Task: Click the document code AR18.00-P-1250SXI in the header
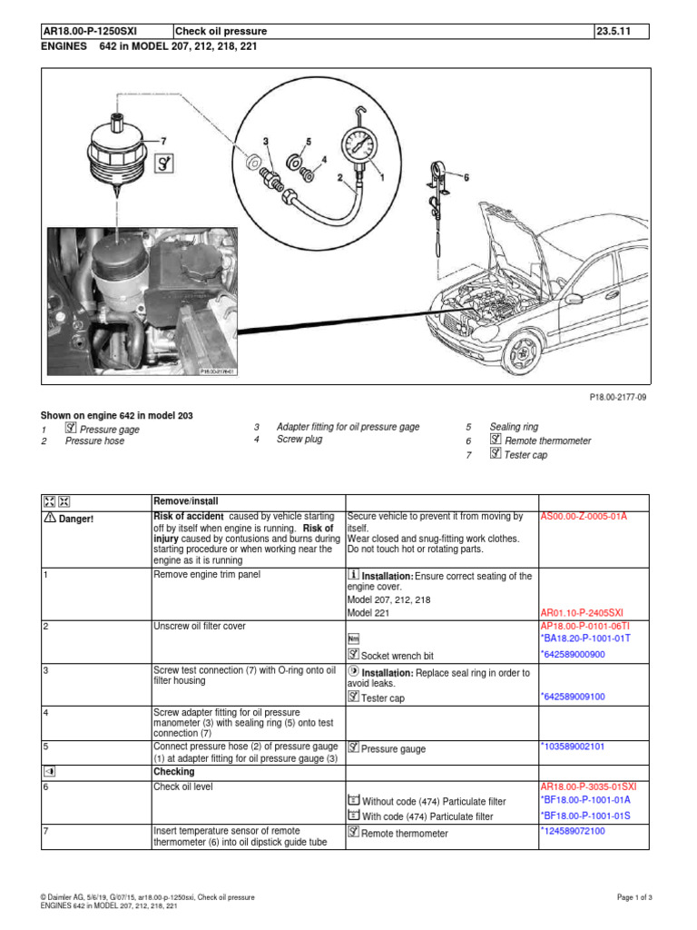point(94,32)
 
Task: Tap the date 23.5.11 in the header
point(612,32)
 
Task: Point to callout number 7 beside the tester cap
point(163,142)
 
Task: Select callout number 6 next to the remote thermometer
point(467,179)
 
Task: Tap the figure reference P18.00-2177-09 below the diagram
point(620,397)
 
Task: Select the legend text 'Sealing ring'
point(513,426)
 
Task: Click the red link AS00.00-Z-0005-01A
point(584,516)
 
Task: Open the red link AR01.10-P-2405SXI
point(582,613)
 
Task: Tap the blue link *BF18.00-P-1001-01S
point(585,816)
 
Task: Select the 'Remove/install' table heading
point(185,501)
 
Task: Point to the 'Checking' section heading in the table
point(172,772)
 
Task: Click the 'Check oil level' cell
point(182,787)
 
